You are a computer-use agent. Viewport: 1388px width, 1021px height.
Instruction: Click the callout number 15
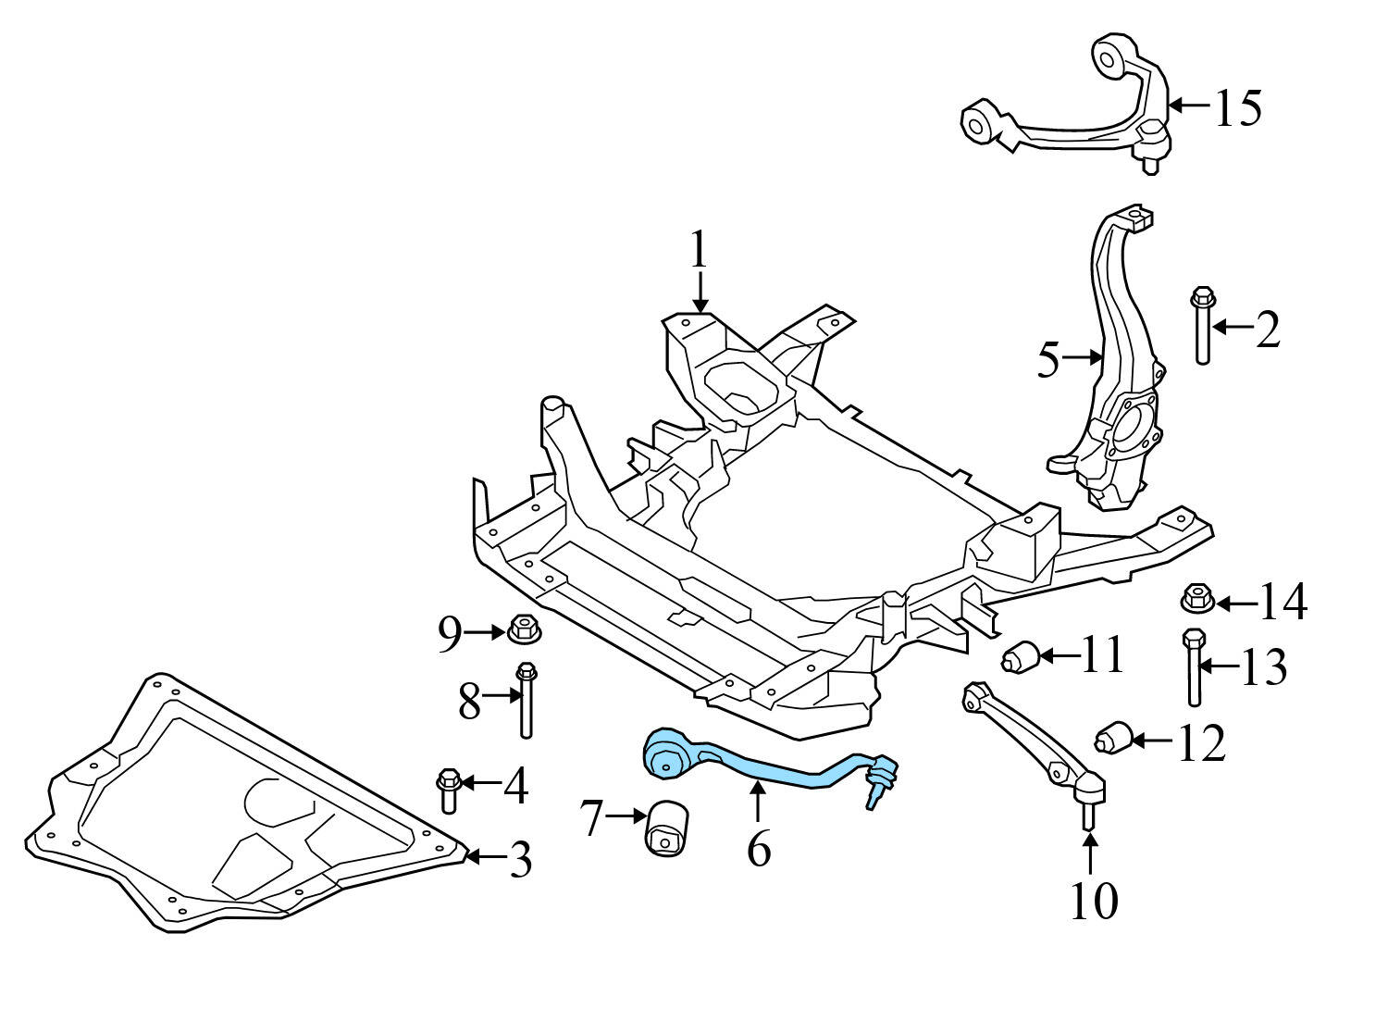pyautogui.click(x=1237, y=107)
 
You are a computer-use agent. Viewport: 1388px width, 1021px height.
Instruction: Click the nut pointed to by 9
pyautogui.click(x=525, y=631)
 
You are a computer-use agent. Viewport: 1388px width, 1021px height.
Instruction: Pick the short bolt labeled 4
pyautogui.click(x=448, y=789)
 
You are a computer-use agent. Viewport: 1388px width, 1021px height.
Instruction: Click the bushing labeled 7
pyautogui.click(x=666, y=828)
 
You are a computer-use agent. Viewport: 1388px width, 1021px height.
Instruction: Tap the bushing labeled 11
pyautogui.click(x=1021, y=656)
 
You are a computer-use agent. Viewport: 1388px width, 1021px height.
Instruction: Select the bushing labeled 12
pyautogui.click(x=1113, y=738)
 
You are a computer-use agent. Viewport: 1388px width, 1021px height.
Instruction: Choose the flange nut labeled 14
pyautogui.click(x=1197, y=599)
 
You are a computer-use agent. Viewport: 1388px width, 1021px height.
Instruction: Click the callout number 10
pyautogui.click(x=1093, y=900)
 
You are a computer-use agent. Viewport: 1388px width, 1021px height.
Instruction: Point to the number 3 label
pyautogui.click(x=521, y=860)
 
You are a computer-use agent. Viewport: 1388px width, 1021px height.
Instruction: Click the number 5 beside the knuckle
pyautogui.click(x=1047, y=360)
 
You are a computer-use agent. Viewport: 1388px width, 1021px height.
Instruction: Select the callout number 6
pyautogui.click(x=759, y=848)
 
